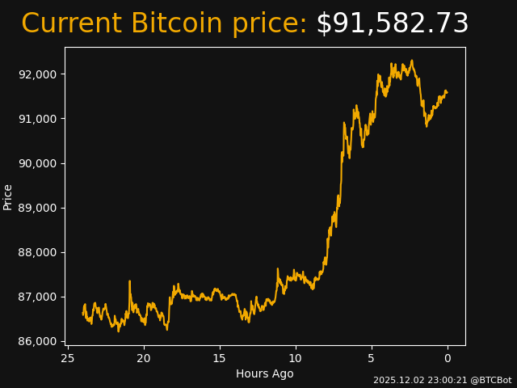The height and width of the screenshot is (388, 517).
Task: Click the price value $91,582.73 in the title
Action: tap(392, 24)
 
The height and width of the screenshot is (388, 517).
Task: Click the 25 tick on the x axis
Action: tap(68, 358)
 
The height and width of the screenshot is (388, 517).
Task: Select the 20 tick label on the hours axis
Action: tap(144, 358)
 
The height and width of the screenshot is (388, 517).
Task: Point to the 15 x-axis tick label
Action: tap(220, 358)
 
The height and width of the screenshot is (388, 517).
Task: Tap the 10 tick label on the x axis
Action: tap(296, 358)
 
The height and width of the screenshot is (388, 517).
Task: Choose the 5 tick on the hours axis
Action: tap(372, 358)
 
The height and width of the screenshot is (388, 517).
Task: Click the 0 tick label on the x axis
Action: tap(448, 358)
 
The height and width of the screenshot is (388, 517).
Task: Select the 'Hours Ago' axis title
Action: tap(265, 373)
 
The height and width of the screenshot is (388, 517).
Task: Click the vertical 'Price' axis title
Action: tap(8, 196)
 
